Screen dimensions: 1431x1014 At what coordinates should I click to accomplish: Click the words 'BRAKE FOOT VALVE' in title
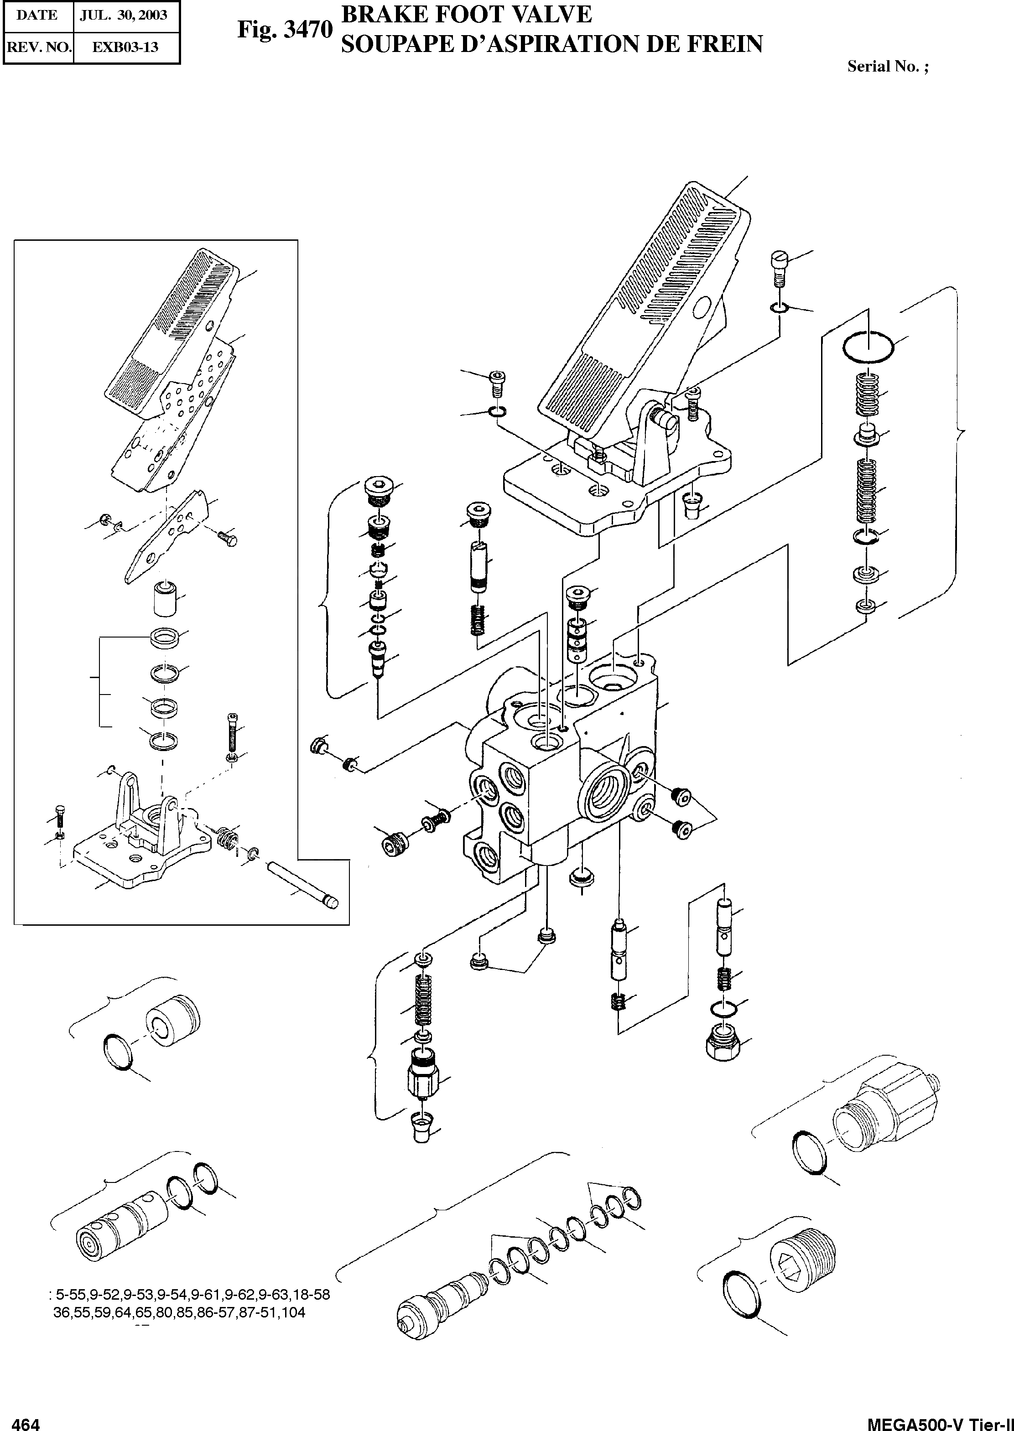466,14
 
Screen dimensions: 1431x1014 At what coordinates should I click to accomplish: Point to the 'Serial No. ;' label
887,67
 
